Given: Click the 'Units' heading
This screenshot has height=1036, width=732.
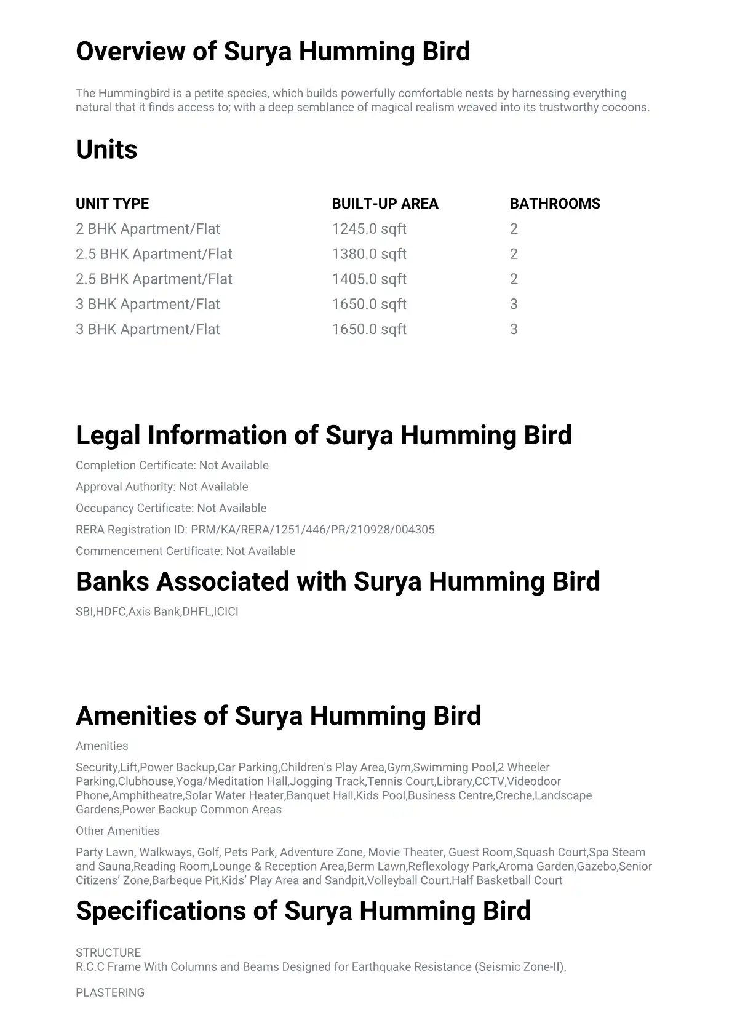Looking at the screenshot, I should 106,149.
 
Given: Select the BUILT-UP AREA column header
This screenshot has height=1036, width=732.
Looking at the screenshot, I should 385,204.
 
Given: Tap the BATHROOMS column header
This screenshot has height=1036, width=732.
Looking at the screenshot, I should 555,204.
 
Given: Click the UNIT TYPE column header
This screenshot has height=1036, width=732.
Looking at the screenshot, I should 112,204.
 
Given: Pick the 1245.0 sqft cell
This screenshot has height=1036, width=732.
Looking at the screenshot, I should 369,229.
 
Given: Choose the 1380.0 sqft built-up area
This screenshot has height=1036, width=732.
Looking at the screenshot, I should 369,254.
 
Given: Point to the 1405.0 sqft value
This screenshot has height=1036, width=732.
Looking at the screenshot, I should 369,279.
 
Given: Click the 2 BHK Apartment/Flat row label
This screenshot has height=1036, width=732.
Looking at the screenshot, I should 148,229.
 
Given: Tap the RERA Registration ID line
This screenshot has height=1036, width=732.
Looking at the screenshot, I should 255,530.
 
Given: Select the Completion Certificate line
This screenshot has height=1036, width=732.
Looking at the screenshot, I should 172,466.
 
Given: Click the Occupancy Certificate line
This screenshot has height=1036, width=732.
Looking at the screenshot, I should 171,508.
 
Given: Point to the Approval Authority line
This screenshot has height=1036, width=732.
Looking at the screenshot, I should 162,487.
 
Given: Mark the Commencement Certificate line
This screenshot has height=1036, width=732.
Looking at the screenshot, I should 185,551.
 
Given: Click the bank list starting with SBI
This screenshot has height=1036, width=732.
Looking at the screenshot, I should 157,612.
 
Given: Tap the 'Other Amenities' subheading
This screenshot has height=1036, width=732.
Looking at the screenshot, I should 117,831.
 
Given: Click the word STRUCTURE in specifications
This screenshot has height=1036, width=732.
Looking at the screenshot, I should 108,953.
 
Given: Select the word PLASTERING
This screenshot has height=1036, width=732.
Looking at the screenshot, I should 110,993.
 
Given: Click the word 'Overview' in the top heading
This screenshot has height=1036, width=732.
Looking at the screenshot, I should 130,51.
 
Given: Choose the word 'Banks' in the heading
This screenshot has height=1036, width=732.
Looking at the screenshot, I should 113,582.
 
